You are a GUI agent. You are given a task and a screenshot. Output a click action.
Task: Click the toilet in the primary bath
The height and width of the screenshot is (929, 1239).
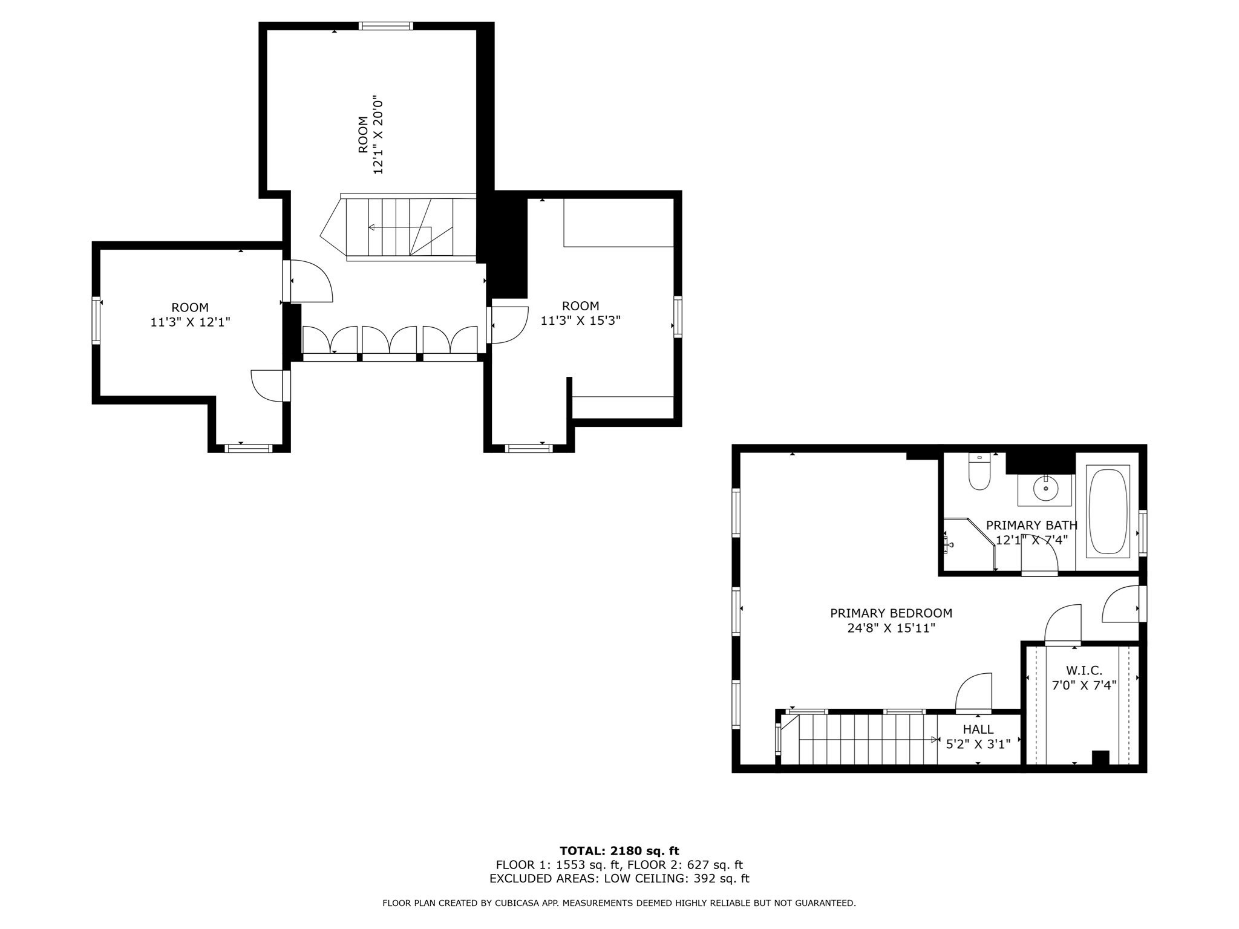coord(978,473)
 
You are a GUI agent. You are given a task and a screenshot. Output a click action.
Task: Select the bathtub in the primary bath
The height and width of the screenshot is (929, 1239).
coord(1108,511)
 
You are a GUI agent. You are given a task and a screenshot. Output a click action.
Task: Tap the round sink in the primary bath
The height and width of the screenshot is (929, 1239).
coord(1045,487)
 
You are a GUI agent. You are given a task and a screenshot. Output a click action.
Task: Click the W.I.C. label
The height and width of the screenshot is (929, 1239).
coord(1084,670)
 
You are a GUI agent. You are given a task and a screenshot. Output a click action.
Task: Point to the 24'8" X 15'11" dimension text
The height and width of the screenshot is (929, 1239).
coord(891,628)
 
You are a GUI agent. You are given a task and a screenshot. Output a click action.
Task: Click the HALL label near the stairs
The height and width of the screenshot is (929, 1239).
coord(978,729)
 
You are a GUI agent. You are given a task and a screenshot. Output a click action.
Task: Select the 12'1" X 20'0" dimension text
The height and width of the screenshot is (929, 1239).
coord(379,134)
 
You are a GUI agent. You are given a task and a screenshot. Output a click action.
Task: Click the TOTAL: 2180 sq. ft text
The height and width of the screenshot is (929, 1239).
coord(619,851)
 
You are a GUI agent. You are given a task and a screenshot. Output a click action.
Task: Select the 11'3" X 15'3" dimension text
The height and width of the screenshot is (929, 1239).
coord(580,321)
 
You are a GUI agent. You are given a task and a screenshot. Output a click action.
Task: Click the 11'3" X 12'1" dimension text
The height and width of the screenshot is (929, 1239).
coord(190,322)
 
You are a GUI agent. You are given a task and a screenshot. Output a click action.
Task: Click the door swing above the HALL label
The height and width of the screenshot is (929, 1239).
coord(974,693)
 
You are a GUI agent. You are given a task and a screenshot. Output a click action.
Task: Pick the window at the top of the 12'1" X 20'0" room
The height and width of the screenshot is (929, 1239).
coord(385,25)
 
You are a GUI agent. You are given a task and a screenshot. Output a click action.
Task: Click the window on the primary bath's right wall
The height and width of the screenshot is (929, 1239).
coord(1143,533)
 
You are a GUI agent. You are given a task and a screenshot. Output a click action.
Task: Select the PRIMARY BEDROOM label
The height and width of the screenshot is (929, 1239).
coord(891,613)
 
